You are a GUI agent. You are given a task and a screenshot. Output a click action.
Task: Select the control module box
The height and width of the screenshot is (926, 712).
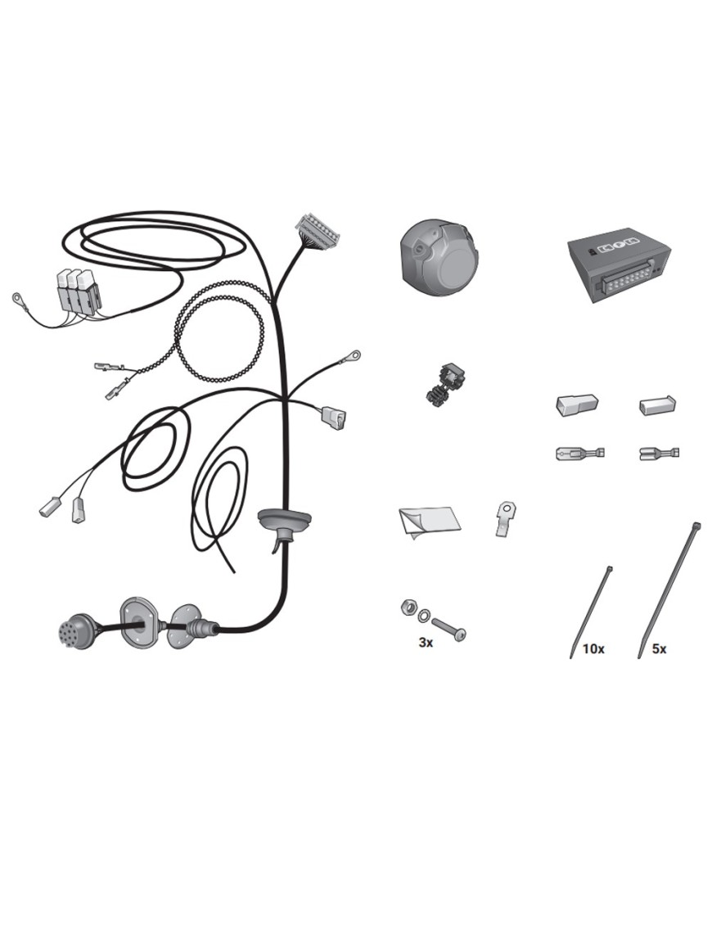click(x=620, y=268)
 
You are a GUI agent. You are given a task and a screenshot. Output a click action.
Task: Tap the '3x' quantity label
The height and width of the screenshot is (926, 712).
click(x=426, y=643)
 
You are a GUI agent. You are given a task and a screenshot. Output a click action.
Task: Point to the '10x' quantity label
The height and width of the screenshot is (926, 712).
click(x=593, y=649)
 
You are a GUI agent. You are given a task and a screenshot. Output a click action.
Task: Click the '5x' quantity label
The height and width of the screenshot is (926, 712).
click(x=660, y=649)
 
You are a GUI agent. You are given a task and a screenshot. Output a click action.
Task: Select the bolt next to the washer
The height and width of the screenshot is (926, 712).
click(x=449, y=628)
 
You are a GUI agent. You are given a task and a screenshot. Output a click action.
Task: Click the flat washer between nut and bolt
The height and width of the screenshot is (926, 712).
click(x=423, y=617)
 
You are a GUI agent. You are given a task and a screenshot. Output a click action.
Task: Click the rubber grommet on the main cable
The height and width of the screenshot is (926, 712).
click(x=285, y=522)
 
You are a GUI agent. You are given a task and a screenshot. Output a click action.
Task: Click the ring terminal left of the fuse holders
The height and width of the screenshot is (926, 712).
click(x=19, y=297)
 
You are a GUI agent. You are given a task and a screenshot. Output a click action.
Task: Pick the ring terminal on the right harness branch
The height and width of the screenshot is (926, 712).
click(x=354, y=355)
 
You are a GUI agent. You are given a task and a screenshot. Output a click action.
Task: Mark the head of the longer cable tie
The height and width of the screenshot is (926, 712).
click(x=697, y=526)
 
